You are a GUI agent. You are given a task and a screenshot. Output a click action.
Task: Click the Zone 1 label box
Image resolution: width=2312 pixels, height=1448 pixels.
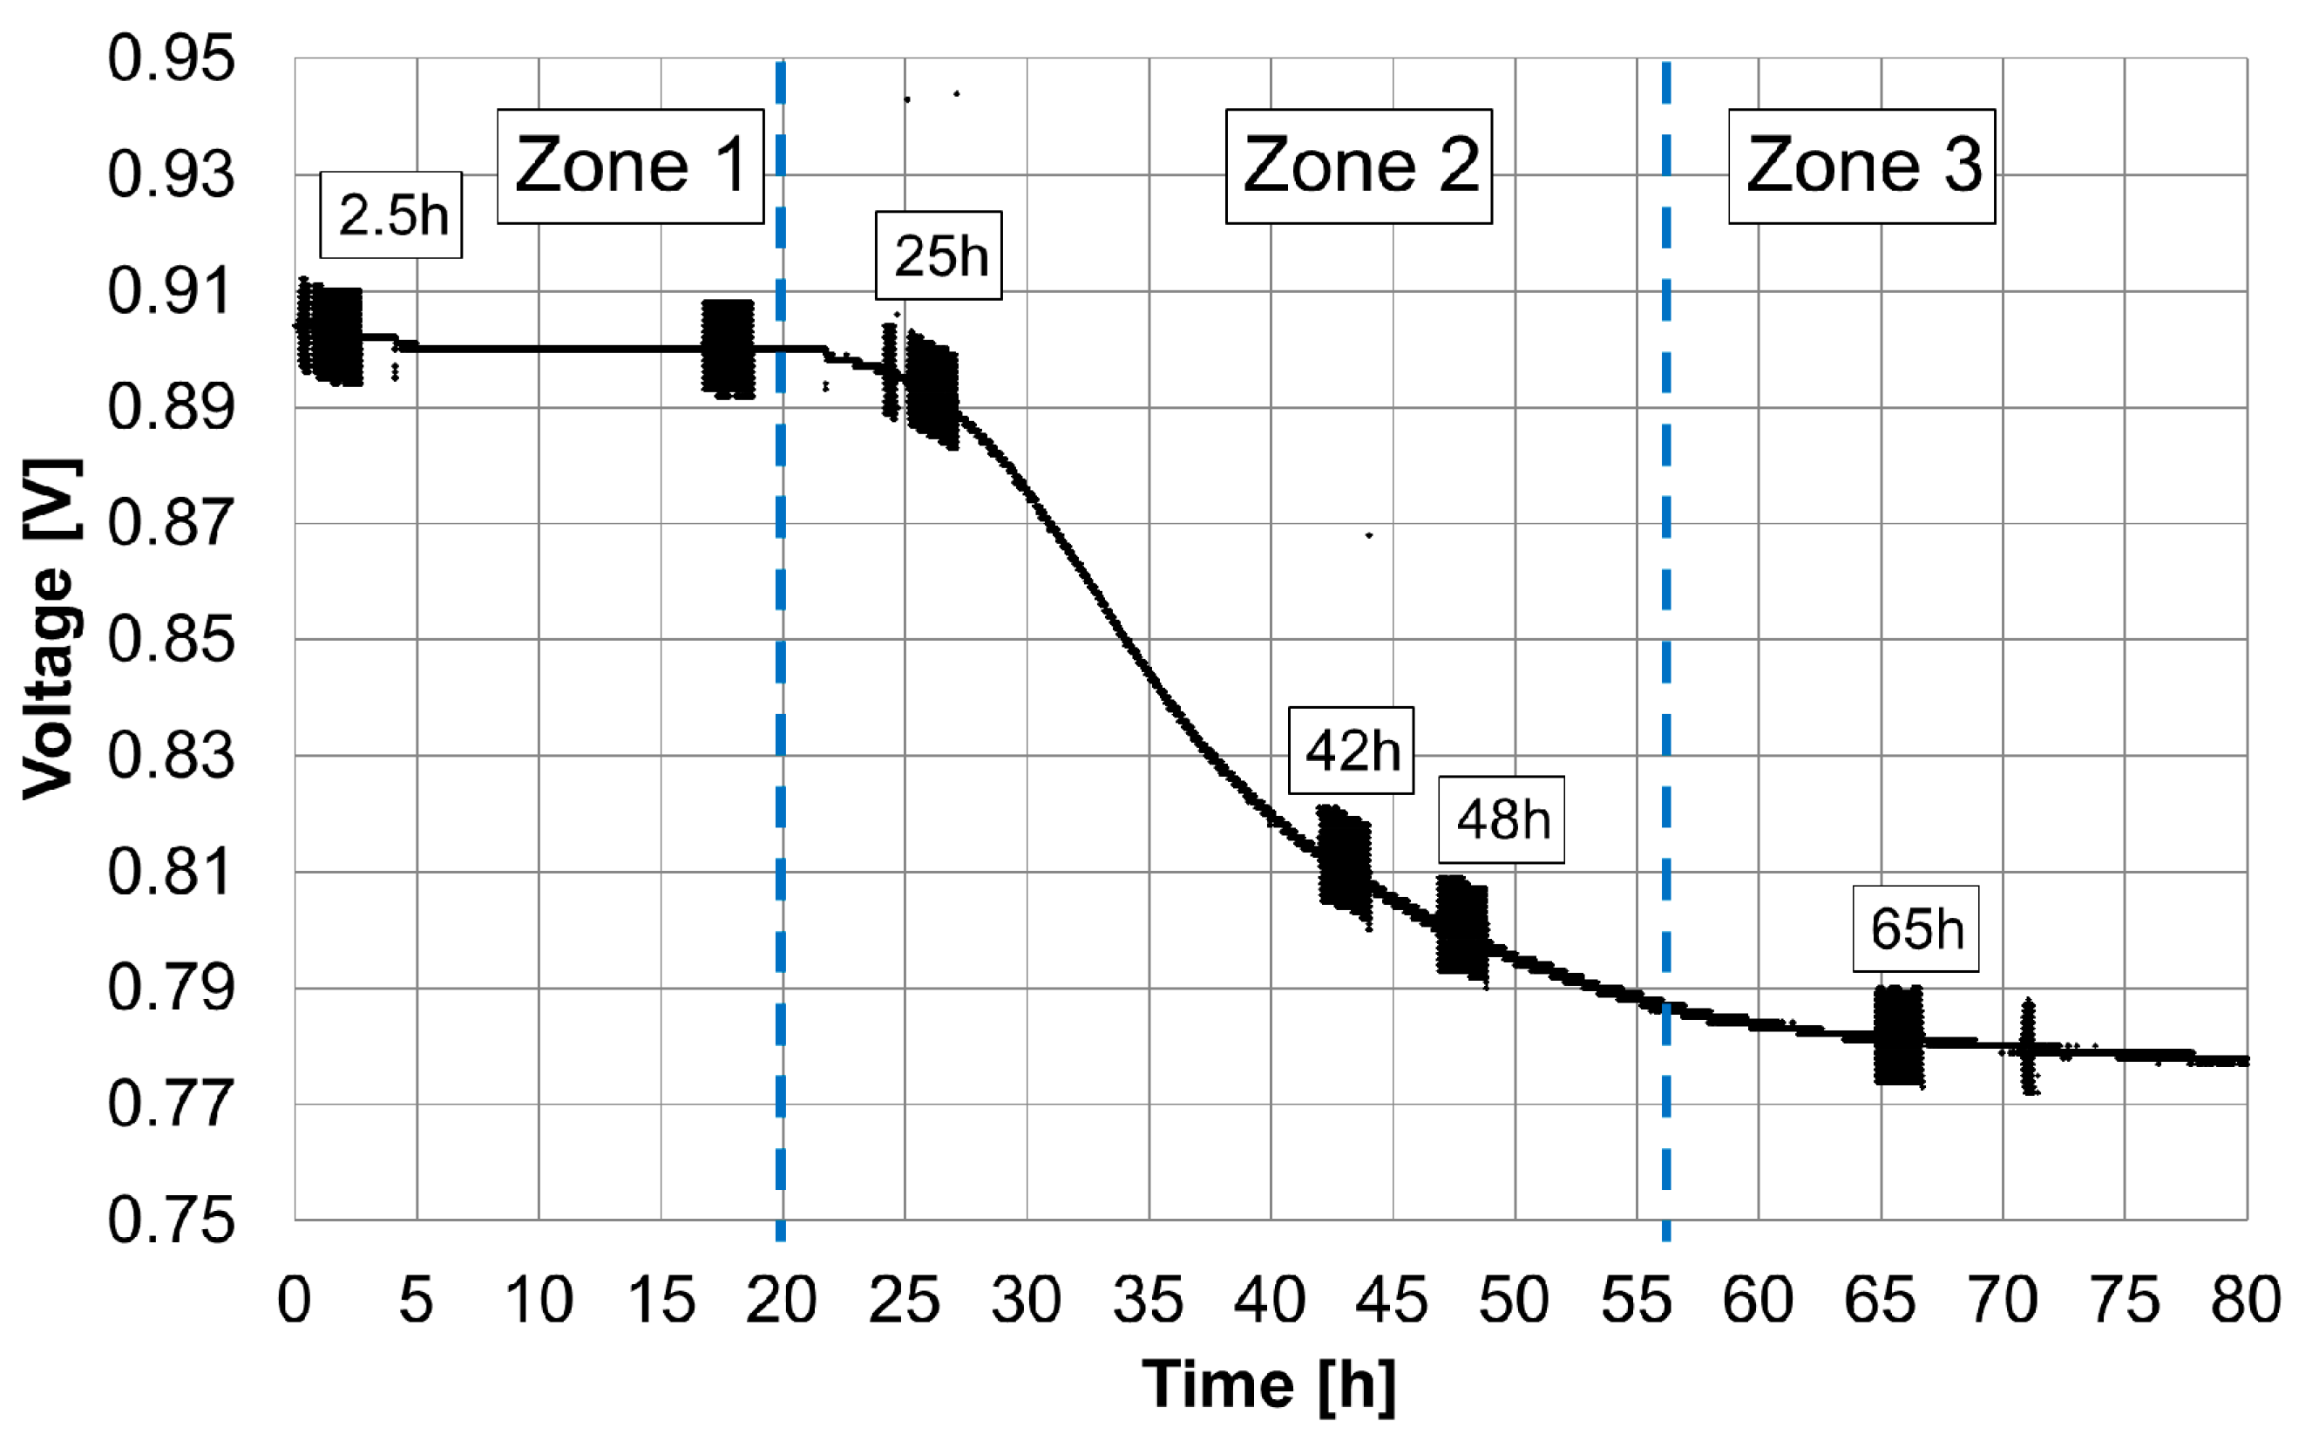(x=630, y=167)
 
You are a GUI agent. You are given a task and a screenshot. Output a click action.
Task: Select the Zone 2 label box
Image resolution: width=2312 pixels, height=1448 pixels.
(x=1359, y=167)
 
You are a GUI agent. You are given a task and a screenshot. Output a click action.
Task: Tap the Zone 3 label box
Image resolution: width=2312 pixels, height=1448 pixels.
(x=1861, y=167)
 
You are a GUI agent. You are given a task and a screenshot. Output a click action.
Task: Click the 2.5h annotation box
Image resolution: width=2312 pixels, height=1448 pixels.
(x=390, y=215)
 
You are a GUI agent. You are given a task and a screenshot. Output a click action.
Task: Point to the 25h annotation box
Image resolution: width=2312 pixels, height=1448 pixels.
(x=939, y=255)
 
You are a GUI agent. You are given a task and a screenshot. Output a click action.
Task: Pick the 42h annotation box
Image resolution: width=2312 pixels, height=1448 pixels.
(x=1350, y=751)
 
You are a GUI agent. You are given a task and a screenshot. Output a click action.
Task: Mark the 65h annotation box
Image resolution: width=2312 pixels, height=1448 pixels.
(x=1915, y=929)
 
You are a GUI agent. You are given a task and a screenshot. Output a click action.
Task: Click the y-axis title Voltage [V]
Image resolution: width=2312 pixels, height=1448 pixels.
(x=50, y=629)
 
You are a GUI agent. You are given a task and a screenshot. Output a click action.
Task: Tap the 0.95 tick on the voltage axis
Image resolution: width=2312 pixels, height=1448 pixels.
(x=171, y=58)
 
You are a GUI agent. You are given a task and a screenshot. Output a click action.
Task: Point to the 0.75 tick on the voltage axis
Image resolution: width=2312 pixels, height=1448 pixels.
(x=171, y=1221)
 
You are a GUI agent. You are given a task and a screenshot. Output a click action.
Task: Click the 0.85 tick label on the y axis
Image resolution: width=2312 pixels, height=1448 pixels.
(x=171, y=640)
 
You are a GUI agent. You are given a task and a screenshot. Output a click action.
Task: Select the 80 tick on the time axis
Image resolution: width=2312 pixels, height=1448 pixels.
(x=2246, y=1301)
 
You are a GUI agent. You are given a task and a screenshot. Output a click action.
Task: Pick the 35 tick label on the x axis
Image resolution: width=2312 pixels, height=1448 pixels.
(x=1148, y=1301)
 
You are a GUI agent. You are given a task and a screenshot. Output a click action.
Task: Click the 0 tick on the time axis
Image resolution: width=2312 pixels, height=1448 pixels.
(x=294, y=1301)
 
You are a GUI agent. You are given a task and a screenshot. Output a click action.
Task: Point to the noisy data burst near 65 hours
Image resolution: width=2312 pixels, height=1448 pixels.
(x=1897, y=1036)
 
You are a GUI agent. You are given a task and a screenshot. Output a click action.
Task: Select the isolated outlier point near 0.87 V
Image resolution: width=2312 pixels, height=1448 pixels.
(x=1369, y=535)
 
